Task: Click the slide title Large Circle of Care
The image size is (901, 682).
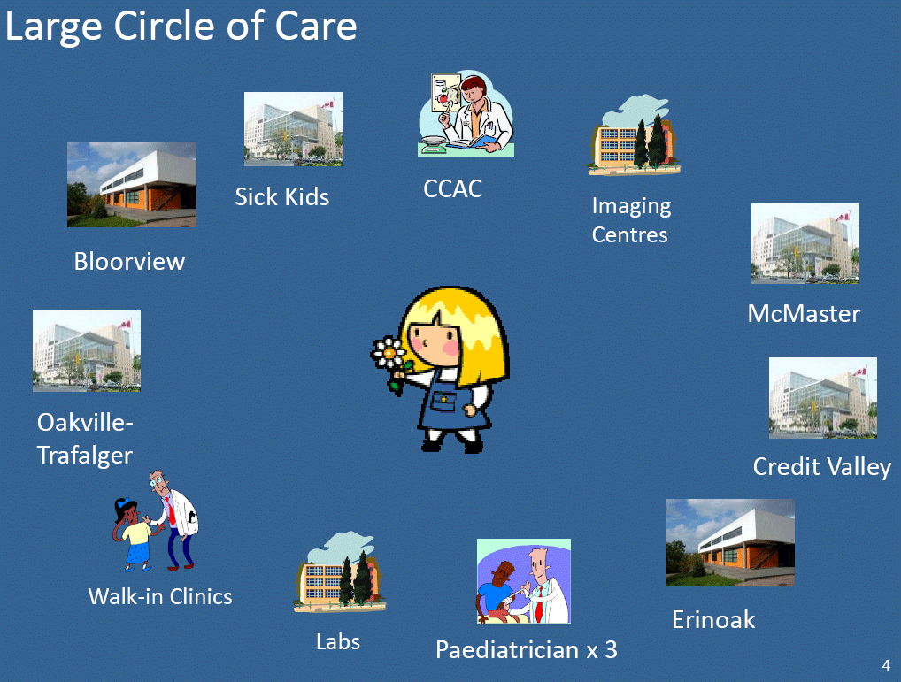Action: tap(181, 27)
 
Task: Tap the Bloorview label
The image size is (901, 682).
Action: tap(129, 261)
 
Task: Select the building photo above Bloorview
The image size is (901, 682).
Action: tap(132, 184)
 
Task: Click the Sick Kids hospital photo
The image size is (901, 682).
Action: tap(294, 129)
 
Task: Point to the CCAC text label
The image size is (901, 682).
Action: tap(453, 189)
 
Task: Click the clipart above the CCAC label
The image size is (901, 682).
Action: tap(466, 113)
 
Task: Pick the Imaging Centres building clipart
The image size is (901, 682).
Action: tap(634, 135)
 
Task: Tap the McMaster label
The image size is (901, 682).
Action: tap(804, 313)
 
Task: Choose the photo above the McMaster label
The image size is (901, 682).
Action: tap(805, 243)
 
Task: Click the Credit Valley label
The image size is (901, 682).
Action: tap(822, 467)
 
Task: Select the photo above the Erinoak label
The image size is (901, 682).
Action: tap(730, 542)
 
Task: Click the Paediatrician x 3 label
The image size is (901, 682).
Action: tap(527, 650)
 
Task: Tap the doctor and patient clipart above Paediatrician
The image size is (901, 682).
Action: tap(523, 581)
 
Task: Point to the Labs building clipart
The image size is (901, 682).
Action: tap(340, 571)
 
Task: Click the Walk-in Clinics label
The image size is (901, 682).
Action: tap(159, 596)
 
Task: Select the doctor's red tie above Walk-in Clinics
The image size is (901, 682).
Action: tap(171, 511)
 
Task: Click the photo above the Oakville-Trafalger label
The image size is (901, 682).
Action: tap(87, 351)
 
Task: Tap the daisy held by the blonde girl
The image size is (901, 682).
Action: tap(389, 354)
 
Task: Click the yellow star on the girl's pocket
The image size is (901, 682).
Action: tap(444, 399)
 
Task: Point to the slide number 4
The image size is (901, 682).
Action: tap(885, 665)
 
